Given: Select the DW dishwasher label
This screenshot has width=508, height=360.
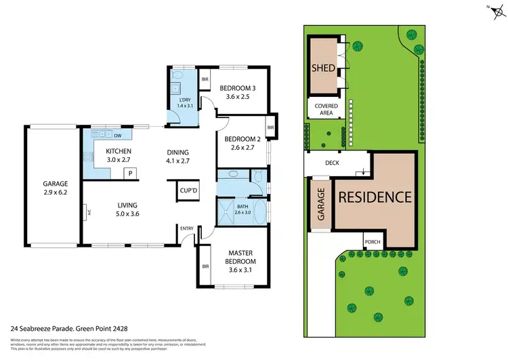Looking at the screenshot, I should (117, 134).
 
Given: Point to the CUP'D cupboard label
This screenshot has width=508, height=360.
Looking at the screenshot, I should (187, 191).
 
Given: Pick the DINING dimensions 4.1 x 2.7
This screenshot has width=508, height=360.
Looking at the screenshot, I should (177, 162).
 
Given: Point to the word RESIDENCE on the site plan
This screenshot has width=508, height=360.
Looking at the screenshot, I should (375, 197).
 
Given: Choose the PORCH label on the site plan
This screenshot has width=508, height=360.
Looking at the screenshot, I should (372, 242).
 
